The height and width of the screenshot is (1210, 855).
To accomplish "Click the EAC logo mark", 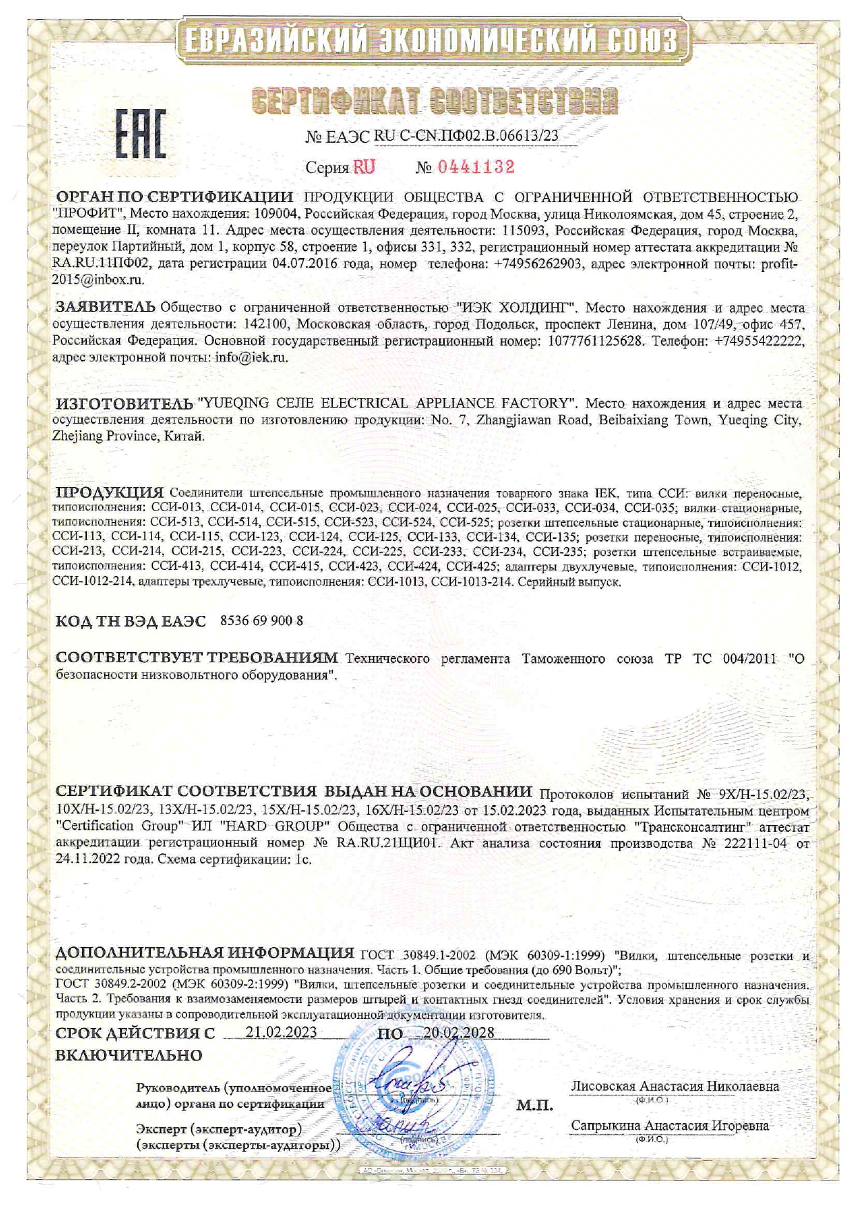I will (140, 132).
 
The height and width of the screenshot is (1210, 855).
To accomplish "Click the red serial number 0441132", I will (476, 167).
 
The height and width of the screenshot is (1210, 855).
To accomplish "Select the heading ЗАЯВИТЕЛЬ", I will (105, 306).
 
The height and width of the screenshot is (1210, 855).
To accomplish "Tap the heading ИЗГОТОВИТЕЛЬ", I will (124, 403).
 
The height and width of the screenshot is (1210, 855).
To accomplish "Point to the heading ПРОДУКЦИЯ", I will (109, 493).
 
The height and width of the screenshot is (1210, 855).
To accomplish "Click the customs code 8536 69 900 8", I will (261, 620).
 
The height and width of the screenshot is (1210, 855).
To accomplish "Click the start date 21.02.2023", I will (281, 1032).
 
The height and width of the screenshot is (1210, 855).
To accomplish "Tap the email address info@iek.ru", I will (251, 357).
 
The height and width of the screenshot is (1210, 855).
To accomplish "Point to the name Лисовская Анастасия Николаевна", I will (675, 1086).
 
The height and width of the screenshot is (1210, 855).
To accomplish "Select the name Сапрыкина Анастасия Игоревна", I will (670, 1125).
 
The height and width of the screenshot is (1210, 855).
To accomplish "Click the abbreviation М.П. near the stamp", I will (534, 1105).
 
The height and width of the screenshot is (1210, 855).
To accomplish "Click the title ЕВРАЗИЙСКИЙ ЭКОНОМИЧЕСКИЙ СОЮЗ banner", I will (433, 41).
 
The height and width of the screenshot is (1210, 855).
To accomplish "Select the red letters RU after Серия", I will (364, 167).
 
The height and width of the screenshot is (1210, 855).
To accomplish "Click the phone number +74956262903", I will (538, 264).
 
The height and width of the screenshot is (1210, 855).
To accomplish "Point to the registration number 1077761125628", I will (596, 340).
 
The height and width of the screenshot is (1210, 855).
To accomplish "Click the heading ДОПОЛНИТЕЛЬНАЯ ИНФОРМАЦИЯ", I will (204, 953).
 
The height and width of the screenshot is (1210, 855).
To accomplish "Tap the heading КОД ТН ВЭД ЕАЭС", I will (130, 621).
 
